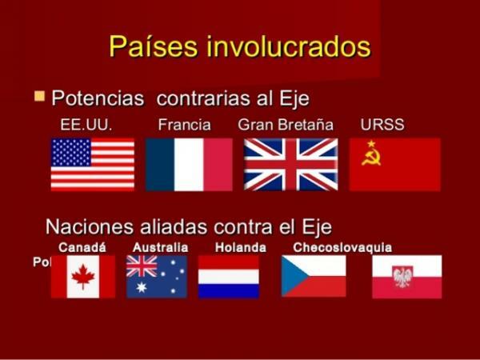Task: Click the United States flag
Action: tap(93, 164)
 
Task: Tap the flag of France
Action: tap(189, 164)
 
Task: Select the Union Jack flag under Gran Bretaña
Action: tap(290, 164)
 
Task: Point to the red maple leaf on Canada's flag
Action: tap(83, 277)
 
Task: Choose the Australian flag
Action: tap(157, 276)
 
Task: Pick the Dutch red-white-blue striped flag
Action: tap(229, 276)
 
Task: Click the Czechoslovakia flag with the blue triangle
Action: tap(314, 276)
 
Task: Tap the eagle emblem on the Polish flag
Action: tap(402, 277)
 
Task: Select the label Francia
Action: tap(184, 125)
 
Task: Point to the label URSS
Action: tap(382, 125)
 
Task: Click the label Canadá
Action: tap(82, 247)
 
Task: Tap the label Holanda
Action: tap(240, 247)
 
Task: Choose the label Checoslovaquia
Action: tap(342, 247)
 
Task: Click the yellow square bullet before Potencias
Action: tap(39, 97)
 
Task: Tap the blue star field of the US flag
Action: tap(70, 152)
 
